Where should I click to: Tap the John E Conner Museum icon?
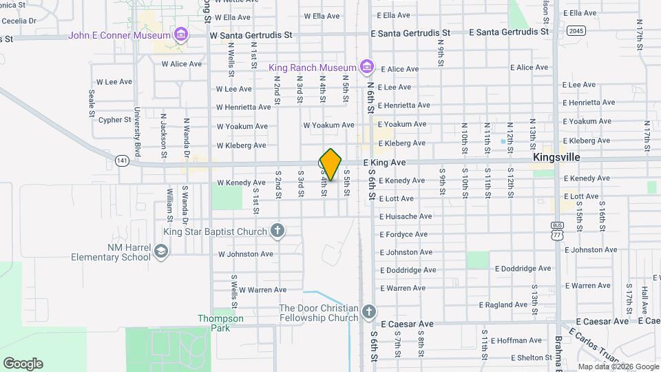[181, 34]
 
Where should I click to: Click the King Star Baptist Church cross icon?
[277, 231]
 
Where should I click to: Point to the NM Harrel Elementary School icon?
[160, 252]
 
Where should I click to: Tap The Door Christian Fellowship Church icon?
[369, 312]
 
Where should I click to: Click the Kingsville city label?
[556, 158]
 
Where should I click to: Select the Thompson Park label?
[220, 318]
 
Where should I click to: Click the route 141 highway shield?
[122, 161]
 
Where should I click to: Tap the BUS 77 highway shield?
[556, 231]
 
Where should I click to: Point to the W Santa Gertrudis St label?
[251, 34]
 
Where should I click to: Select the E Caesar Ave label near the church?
[407, 324]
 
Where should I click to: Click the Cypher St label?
[114, 120]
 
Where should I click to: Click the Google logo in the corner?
[23, 364]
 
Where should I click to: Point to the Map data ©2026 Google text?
[618, 366]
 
